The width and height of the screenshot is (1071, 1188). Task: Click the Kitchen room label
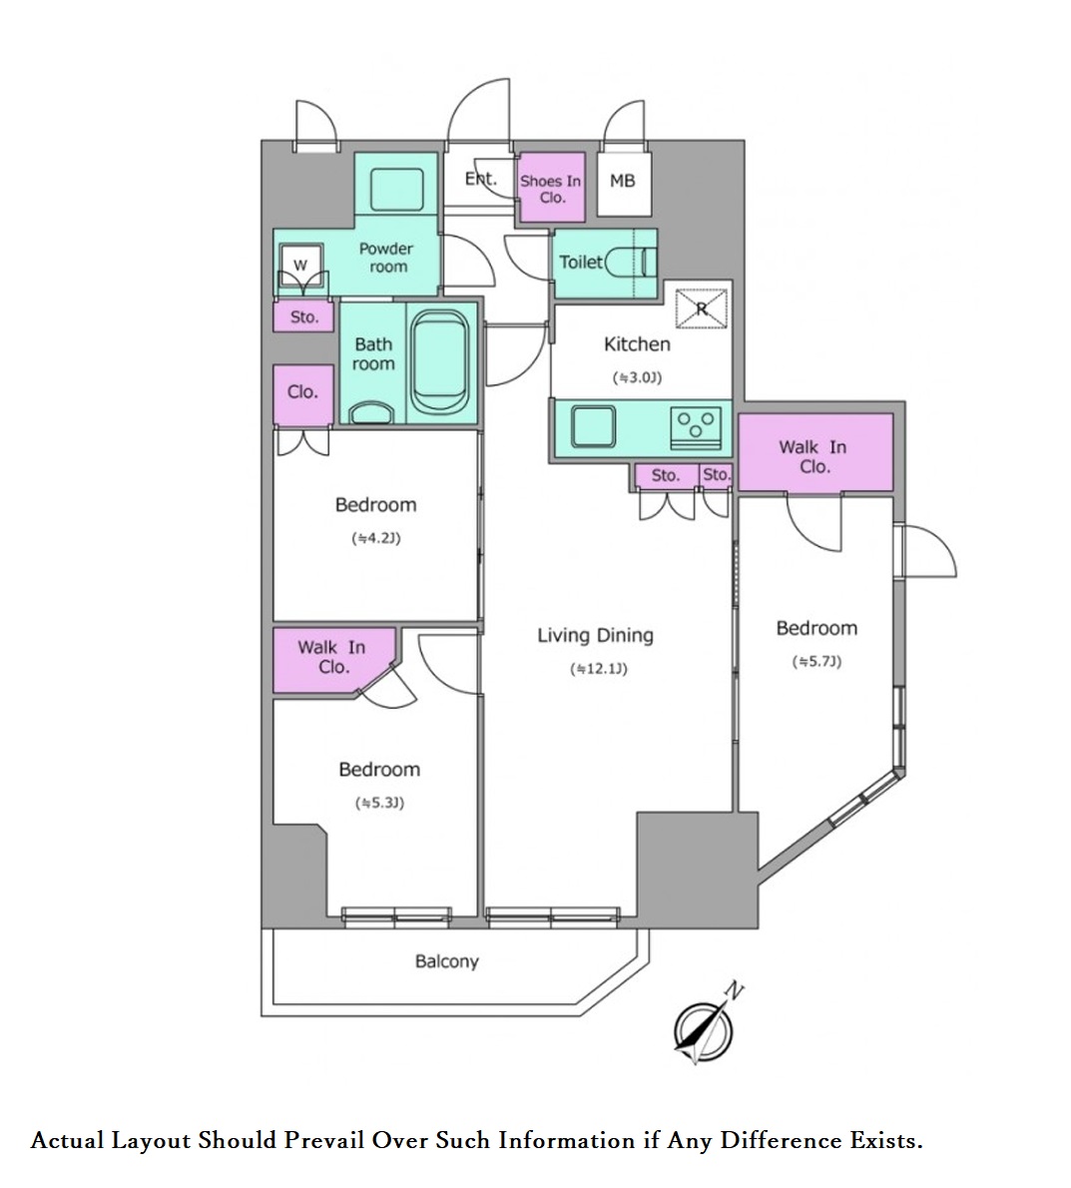coord(637,344)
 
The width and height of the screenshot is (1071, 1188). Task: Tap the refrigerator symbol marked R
coord(701,308)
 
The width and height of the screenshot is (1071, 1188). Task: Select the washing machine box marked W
coord(301,266)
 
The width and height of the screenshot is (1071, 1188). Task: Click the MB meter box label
coord(622,181)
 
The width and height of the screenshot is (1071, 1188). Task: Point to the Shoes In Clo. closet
coord(551,188)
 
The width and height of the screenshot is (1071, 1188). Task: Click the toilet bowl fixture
coord(628,263)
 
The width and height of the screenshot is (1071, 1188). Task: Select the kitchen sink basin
coord(593,428)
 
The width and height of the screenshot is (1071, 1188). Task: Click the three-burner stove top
coord(696,428)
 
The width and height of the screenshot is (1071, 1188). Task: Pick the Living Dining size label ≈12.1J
coord(598,669)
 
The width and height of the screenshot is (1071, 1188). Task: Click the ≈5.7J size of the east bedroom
coord(816,662)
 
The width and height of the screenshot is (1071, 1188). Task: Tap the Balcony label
coord(447,961)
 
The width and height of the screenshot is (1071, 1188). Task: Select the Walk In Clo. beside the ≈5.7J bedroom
coord(815,452)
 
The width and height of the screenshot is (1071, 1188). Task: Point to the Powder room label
coord(387,258)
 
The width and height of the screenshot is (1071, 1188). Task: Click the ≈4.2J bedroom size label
coord(375,538)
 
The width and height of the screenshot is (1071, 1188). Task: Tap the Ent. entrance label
coord(480,180)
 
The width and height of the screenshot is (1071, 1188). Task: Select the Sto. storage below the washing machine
coord(304,316)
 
